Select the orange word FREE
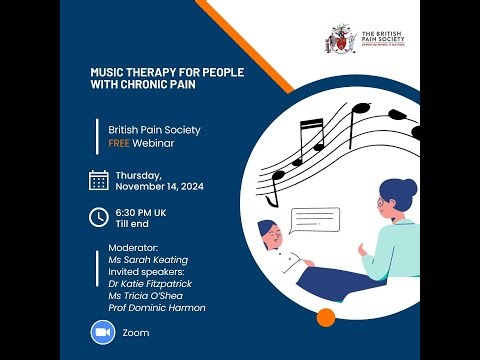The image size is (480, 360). coord(122,143)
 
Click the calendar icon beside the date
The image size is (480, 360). coord(99,180)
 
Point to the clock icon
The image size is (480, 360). coord(99,217)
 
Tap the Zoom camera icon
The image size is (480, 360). coord(99,332)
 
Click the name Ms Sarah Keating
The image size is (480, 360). coord(152,260)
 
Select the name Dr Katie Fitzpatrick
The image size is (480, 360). coord(159,284)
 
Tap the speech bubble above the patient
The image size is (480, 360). coord(308,219)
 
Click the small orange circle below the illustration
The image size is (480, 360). coord(324,318)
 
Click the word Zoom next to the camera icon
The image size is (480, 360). coord(135,332)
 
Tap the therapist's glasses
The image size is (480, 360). coord(383,204)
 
